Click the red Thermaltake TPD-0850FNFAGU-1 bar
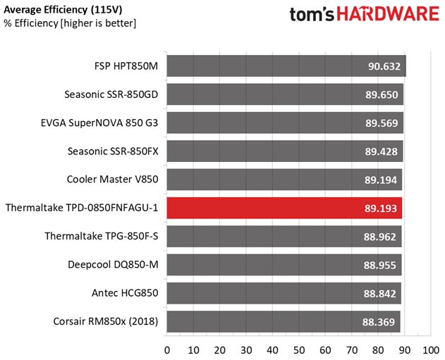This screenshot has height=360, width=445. pyautogui.click(x=282, y=208)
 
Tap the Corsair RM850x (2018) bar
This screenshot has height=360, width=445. pyautogui.click(x=282, y=321)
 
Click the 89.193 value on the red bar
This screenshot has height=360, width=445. pyautogui.click(x=381, y=209)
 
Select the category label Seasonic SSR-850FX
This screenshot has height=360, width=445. pyautogui.click(x=113, y=151)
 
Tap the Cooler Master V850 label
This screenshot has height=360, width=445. pyautogui.click(x=113, y=180)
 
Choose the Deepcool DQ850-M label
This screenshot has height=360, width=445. pyautogui.click(x=114, y=265)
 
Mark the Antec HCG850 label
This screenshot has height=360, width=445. pyautogui.click(x=125, y=293)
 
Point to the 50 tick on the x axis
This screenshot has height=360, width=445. pyautogui.click(x=299, y=350)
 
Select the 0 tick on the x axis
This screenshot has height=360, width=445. pyautogui.click(x=167, y=350)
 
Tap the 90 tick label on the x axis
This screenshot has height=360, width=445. pyautogui.click(x=404, y=350)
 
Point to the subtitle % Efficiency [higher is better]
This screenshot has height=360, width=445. pyautogui.click(x=71, y=23)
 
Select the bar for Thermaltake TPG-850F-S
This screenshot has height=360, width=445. pyautogui.click(x=282, y=237)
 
